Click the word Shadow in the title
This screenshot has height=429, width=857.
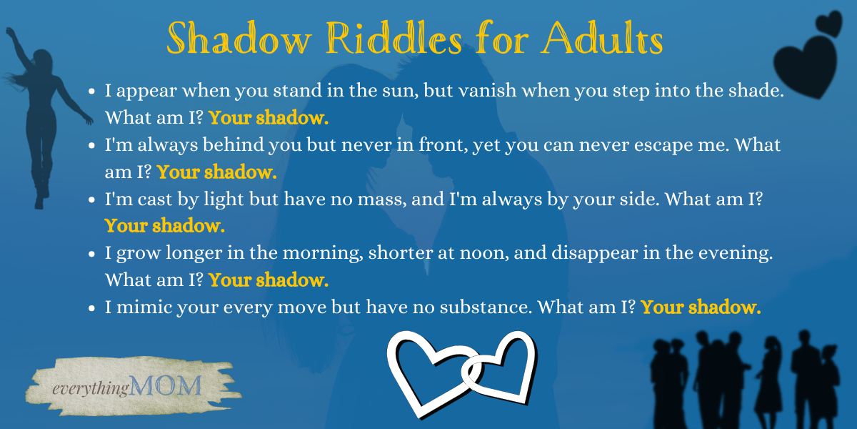click(x=239, y=38)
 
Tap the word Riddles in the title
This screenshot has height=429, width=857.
click(x=394, y=38)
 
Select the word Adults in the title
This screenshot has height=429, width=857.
click(x=602, y=38)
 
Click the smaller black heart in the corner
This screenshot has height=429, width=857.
click(x=829, y=23)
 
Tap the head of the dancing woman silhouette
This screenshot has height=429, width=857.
click(x=42, y=59)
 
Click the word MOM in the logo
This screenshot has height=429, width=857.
click(x=165, y=385)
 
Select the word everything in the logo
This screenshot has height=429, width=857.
click(x=90, y=388)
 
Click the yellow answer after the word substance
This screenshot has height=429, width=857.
click(x=701, y=307)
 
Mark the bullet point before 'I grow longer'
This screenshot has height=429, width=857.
click(x=91, y=254)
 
